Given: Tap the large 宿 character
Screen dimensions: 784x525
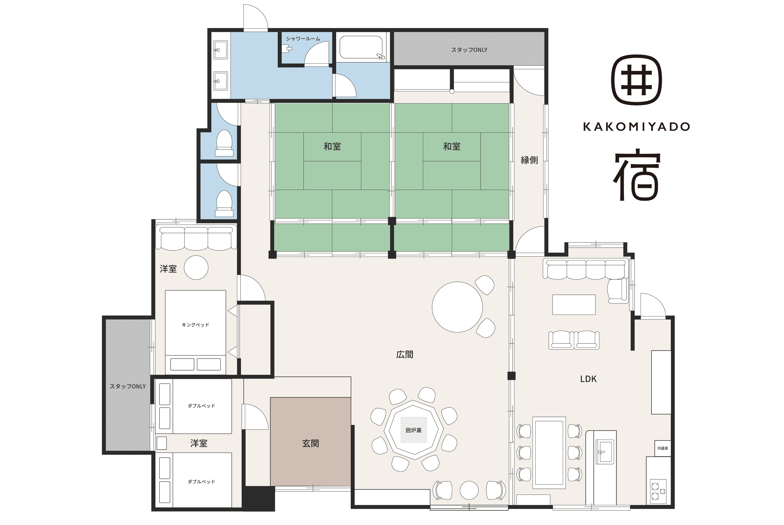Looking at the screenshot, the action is [x=637, y=174].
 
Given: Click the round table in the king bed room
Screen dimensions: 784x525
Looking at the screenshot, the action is [x=196, y=267].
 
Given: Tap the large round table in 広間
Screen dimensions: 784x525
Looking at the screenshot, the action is [x=457, y=307].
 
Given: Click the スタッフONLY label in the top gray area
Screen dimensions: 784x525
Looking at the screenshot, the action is [x=469, y=50].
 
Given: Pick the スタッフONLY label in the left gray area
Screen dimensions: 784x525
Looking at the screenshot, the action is [x=128, y=386].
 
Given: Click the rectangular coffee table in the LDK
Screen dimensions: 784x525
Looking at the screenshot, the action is [x=574, y=305].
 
